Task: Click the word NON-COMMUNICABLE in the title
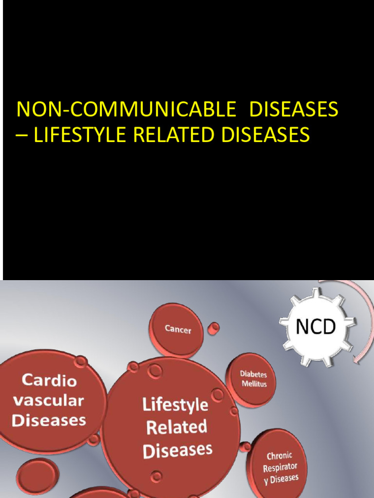tap(126, 110)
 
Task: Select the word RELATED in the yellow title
tap(173, 135)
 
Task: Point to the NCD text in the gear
tap(316, 327)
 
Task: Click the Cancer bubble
tap(177, 330)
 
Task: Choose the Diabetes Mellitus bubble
tap(252, 379)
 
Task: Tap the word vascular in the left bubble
tap(48, 401)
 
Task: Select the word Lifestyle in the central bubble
tap(175, 405)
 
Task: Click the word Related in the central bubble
tap(176, 427)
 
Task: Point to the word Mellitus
tap(254, 384)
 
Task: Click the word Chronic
tap(280, 457)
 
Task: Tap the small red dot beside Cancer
tap(213, 328)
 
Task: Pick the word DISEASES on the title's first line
tap(294, 110)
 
